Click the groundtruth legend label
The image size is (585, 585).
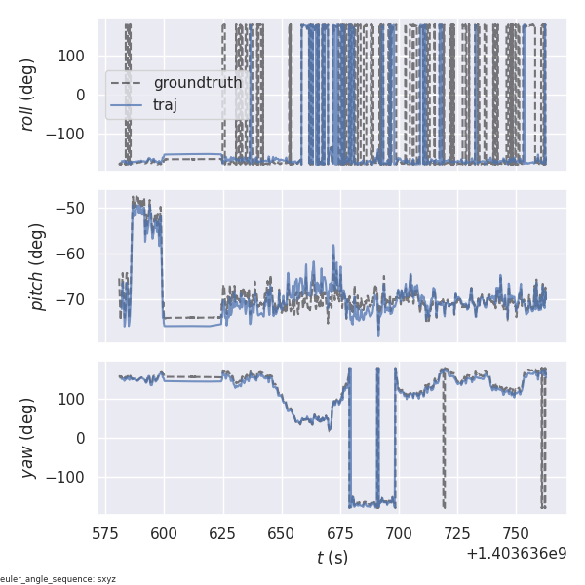click(198, 83)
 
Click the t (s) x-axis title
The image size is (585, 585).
click(331, 558)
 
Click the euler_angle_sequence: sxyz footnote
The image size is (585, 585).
click(58, 579)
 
